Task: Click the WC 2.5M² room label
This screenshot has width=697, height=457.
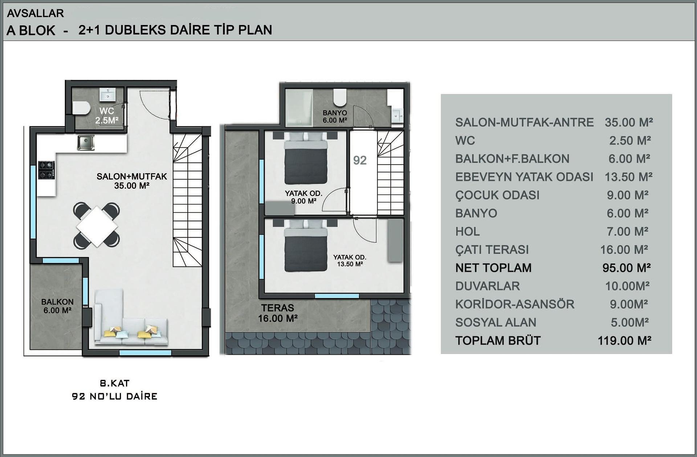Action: coord(107,116)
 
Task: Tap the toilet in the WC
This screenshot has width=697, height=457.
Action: coord(81,108)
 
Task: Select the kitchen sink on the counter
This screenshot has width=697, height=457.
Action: coord(86,143)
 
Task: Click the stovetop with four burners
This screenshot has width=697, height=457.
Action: coord(46,170)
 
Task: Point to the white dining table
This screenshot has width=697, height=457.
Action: coord(97,226)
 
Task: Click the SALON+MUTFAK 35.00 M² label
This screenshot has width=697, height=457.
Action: coord(132,181)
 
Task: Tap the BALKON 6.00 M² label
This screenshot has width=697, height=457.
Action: coord(57,306)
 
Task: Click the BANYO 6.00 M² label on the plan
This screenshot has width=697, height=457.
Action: coord(335,116)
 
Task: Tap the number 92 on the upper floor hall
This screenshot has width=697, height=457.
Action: coord(360,160)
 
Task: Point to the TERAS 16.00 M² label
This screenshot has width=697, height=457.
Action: coord(278,313)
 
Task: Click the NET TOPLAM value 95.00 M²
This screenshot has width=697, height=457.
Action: coord(627,268)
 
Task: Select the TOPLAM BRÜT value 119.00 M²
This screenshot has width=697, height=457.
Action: coord(624,341)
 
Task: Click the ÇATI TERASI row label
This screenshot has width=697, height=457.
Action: coord(492,250)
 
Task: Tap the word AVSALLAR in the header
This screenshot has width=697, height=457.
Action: coord(36,13)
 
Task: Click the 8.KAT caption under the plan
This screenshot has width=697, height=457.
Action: coord(115,383)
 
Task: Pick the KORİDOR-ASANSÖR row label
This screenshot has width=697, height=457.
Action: coord(515,304)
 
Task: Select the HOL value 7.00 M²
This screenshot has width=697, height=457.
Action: coord(628,231)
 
